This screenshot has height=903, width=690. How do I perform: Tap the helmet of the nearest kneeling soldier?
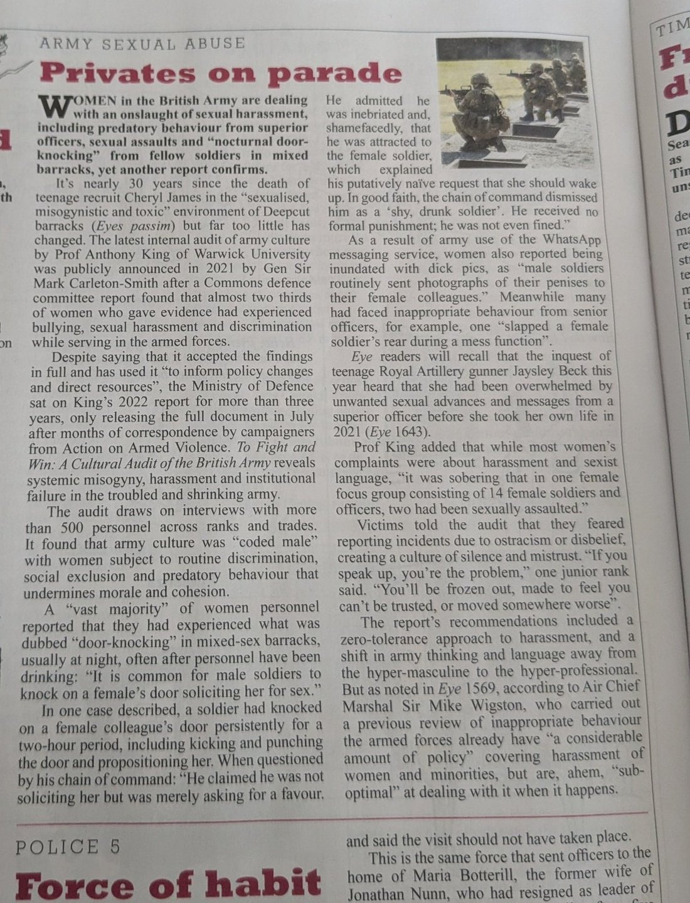(x=480, y=80)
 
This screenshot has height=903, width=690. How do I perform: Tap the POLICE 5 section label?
(x=68, y=847)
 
